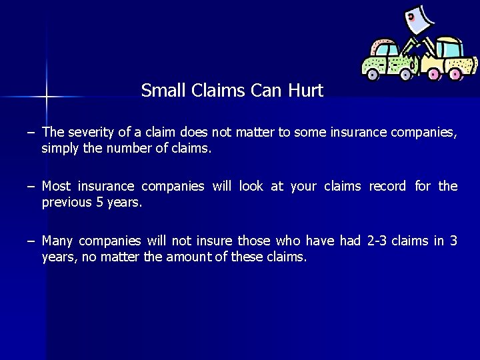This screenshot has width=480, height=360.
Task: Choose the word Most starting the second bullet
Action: coord(56,186)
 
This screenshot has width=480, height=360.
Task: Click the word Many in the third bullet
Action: coord(57,240)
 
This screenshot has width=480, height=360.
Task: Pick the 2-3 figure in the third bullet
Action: coord(377,240)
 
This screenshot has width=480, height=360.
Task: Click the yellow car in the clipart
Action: coord(447,59)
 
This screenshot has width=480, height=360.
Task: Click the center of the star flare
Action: coord(46,97)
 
